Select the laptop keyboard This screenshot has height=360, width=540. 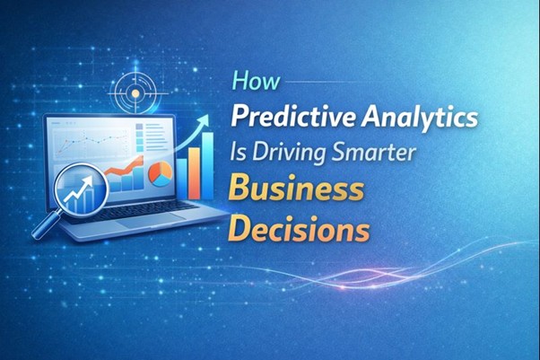(x=144, y=207)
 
